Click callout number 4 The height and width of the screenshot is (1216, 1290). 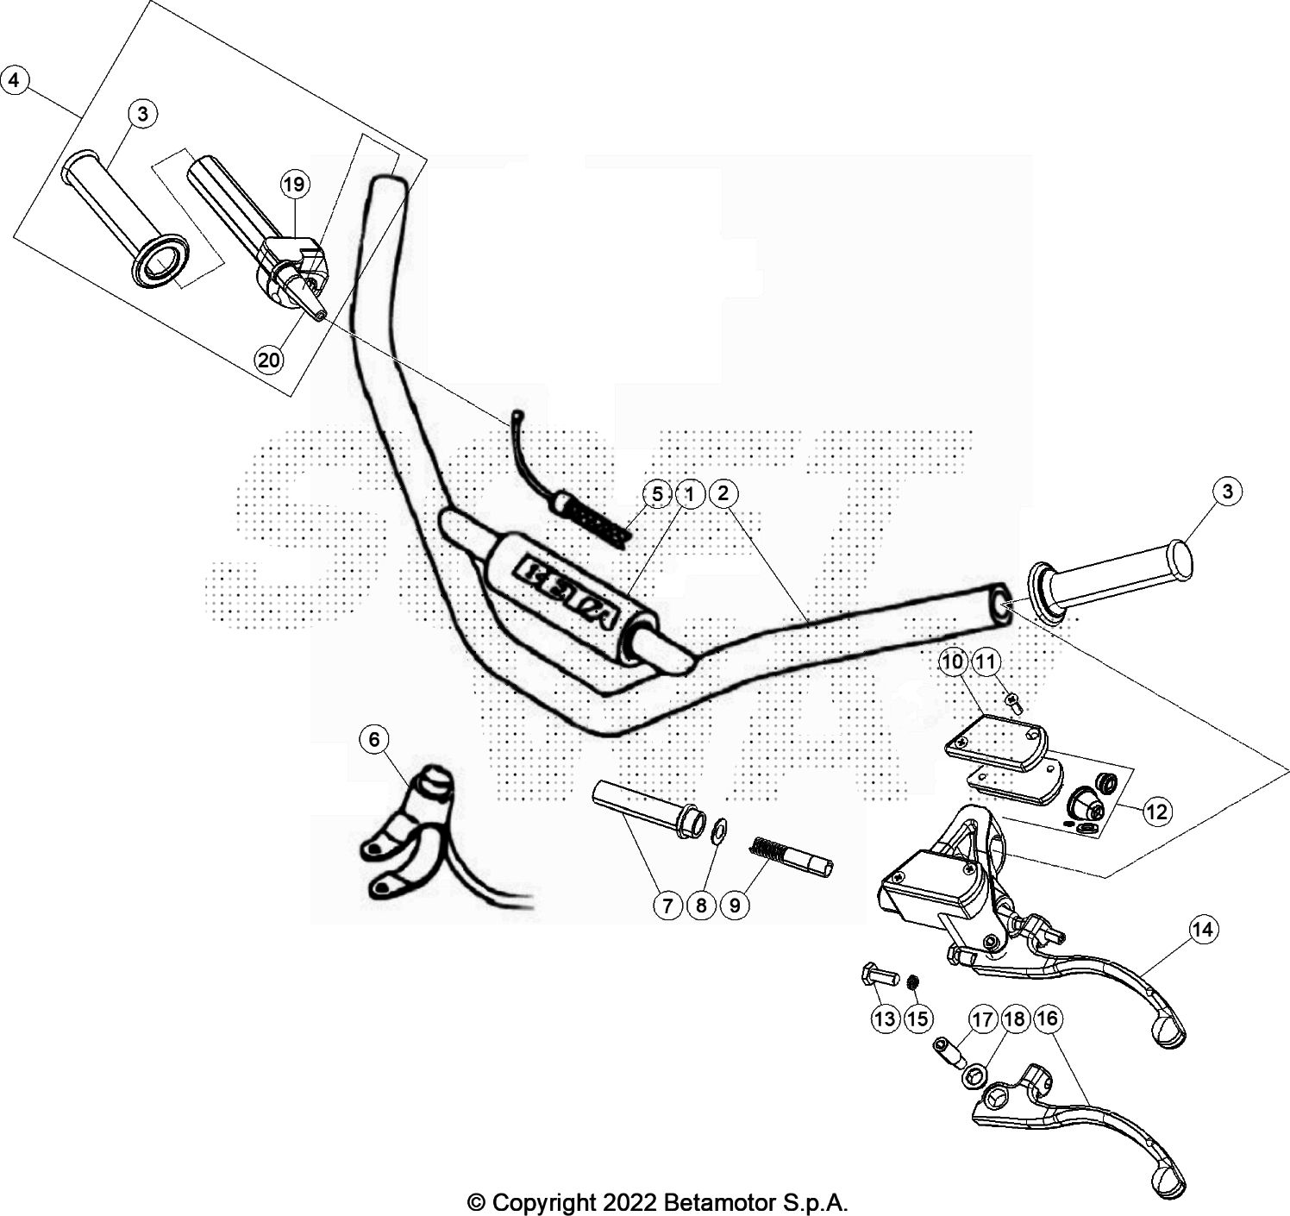[15, 80]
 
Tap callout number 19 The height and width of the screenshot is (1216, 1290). [294, 184]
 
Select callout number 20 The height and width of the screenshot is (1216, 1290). [270, 359]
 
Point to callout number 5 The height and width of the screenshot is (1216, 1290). [657, 494]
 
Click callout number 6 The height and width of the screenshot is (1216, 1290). [373, 739]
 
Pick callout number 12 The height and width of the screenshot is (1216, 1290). [1156, 811]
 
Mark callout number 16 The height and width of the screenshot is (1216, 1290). [1049, 1019]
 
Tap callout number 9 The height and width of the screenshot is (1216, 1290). [735, 905]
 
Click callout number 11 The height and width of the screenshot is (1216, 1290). [986, 662]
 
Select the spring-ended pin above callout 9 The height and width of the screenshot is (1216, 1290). [792, 859]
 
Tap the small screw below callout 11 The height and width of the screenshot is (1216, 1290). [1014, 703]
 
